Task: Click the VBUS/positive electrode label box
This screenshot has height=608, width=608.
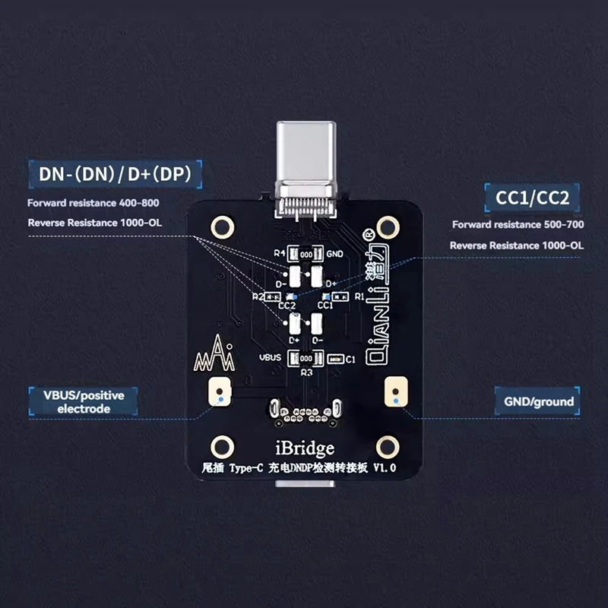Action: [x=83, y=401]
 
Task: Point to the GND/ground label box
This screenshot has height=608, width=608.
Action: [x=534, y=401]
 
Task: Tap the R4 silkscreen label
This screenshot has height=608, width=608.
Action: [x=279, y=253]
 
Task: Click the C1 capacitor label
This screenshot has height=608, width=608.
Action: [x=350, y=359]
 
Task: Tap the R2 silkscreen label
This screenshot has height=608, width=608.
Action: [x=257, y=297]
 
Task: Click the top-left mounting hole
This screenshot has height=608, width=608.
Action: [x=223, y=226]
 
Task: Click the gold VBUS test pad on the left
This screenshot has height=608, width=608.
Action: [x=219, y=392]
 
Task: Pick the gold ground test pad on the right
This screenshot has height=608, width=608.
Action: [x=394, y=392]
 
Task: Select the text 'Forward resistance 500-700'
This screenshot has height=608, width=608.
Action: [x=518, y=225]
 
